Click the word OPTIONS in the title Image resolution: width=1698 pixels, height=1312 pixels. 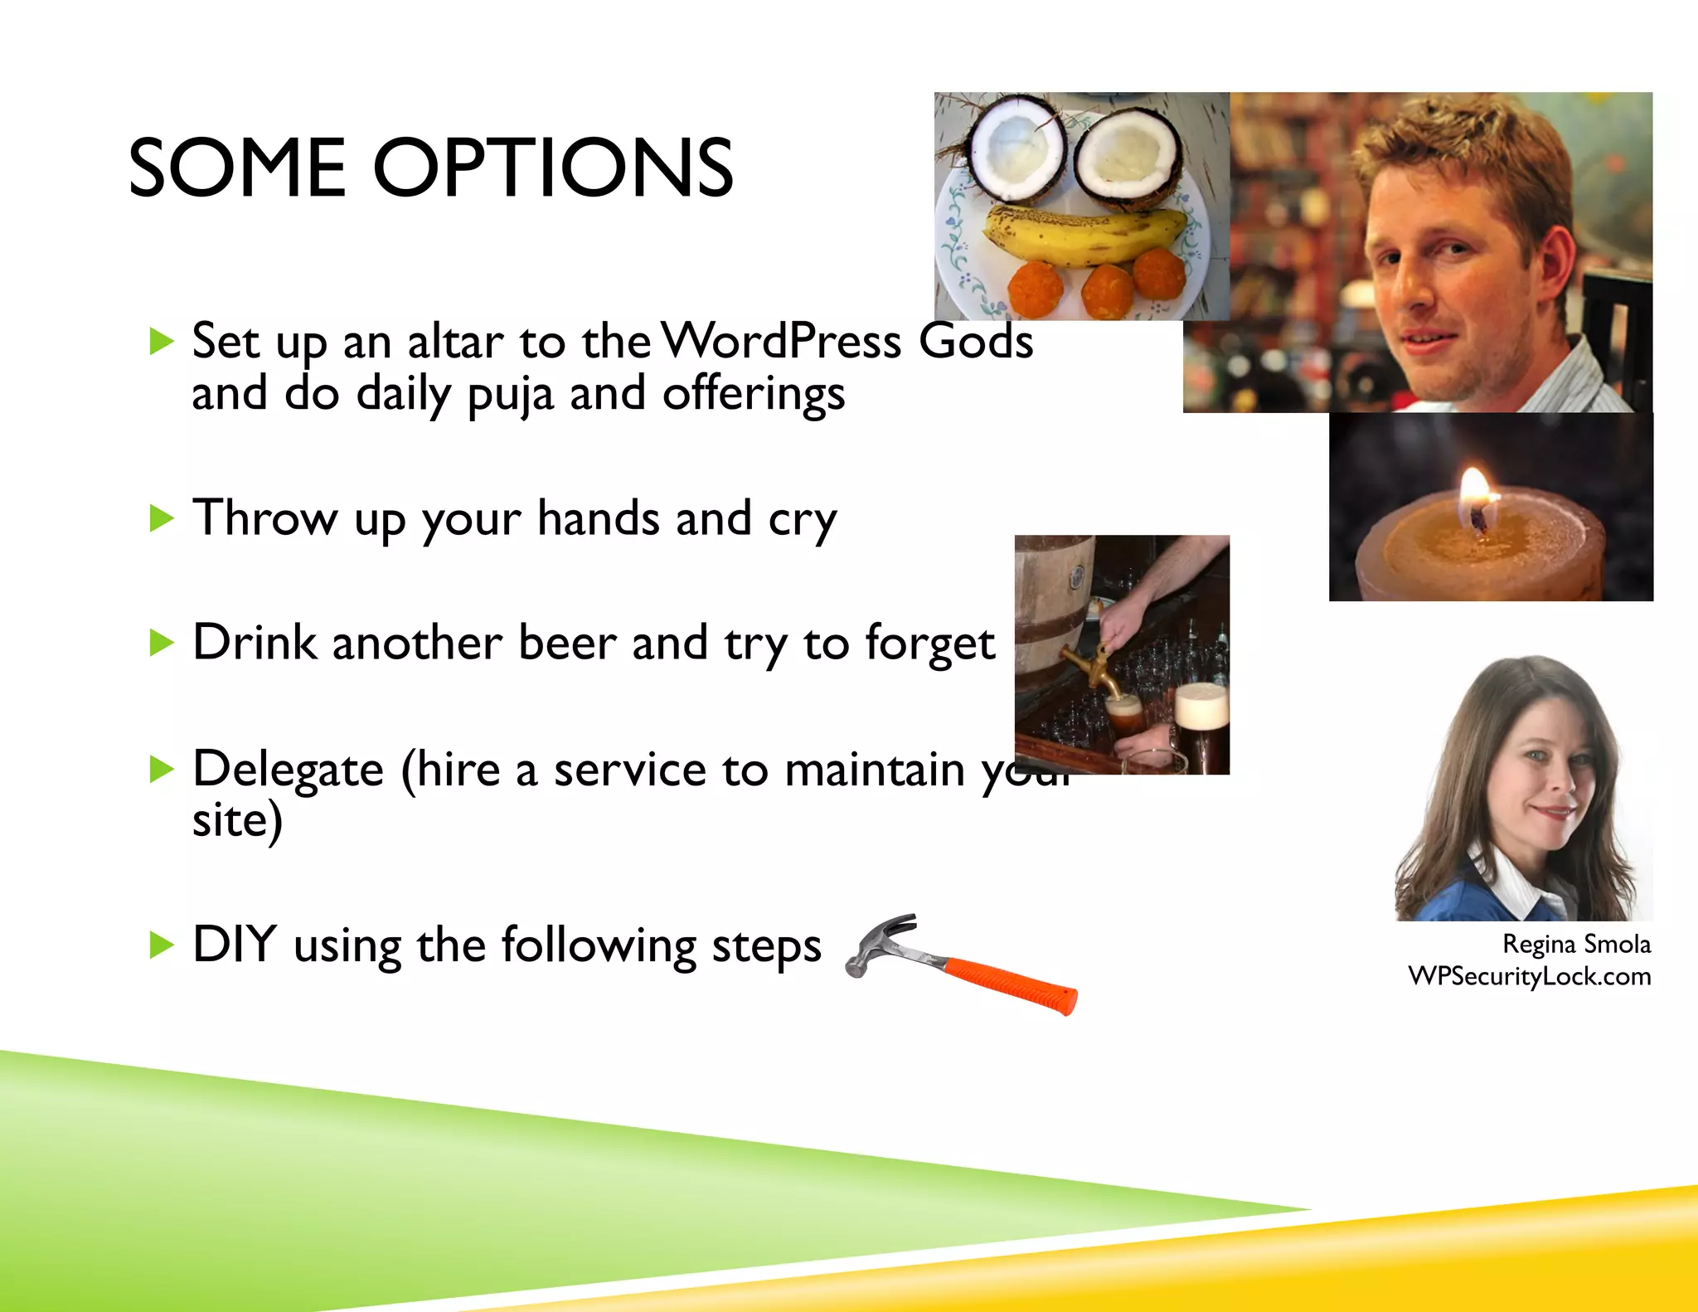coord(553,168)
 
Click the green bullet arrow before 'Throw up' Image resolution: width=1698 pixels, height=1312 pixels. coord(161,519)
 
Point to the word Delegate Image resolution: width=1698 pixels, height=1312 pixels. coord(288,770)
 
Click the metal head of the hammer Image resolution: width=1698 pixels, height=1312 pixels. coord(879,941)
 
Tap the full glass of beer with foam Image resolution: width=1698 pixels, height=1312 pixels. coord(1201,730)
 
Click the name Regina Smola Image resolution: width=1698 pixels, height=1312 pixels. coord(1575,944)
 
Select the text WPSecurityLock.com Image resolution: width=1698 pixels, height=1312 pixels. coord(1529,976)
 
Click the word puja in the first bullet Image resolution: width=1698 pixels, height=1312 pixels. coord(509,395)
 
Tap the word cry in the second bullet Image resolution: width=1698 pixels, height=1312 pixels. coord(802,520)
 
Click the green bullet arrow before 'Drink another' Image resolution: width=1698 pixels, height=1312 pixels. coord(161,643)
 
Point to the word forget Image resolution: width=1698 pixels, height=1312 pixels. coord(929,644)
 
